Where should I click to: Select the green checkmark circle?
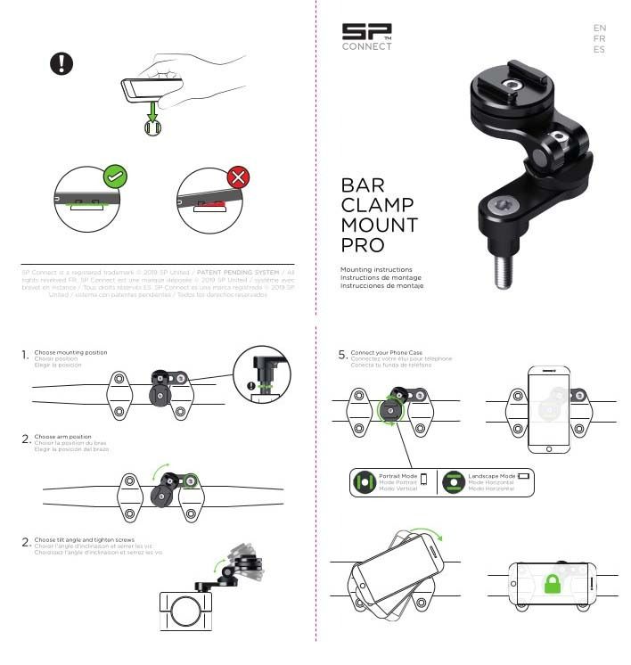pos(113,177)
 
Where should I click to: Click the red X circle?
pos(238,177)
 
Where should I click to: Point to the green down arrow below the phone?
pos(153,111)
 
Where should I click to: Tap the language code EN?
pos(599,28)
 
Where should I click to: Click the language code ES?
pos(599,50)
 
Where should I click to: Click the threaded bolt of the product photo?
pos(503,267)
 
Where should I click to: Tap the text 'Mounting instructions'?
pos(376,268)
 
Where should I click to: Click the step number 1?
pos(25,357)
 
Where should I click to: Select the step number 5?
pos(342,355)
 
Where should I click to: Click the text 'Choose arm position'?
pos(62,437)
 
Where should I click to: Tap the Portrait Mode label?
pos(397,476)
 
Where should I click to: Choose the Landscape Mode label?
pos(491,476)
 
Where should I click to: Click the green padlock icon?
pos(552,585)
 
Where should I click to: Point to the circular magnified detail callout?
pos(260,374)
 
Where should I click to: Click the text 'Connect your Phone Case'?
pos(387,352)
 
